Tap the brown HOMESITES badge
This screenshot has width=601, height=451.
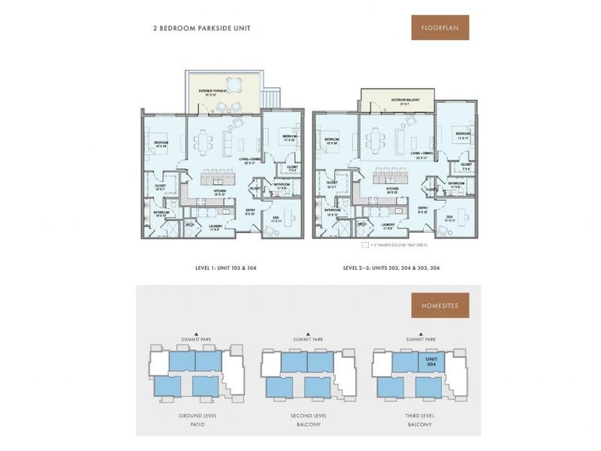pyautogui.click(x=440, y=306)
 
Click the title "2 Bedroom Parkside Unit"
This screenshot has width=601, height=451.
pyautogui.click(x=201, y=28)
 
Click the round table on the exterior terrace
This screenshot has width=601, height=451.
pyautogui.click(x=235, y=84)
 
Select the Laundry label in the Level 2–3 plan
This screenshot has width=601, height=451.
pyautogui.click(x=388, y=225)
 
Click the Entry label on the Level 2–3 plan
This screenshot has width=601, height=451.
pyautogui.click(x=423, y=210)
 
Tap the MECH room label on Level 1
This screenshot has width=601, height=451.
pyautogui.click(x=191, y=224)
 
